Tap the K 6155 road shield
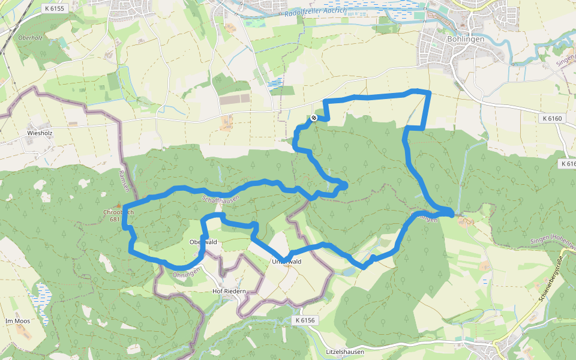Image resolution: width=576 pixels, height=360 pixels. (54, 8)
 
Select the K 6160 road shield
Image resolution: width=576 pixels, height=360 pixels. (552, 119)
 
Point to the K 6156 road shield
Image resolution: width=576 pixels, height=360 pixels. (305, 321)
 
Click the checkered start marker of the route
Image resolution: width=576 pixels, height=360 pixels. (314, 118)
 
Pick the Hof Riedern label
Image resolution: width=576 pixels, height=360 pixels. (229, 291)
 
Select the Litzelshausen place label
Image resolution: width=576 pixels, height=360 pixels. (344, 352)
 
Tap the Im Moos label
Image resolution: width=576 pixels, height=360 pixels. (17, 321)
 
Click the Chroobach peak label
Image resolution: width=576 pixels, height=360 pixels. (118, 212)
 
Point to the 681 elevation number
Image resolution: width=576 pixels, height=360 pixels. (115, 220)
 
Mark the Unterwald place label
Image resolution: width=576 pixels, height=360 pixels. (286, 262)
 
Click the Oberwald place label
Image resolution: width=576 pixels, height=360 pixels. (202, 242)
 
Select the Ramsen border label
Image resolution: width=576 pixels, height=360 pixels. (124, 181)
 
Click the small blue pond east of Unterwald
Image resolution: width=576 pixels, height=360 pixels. (347, 272)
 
